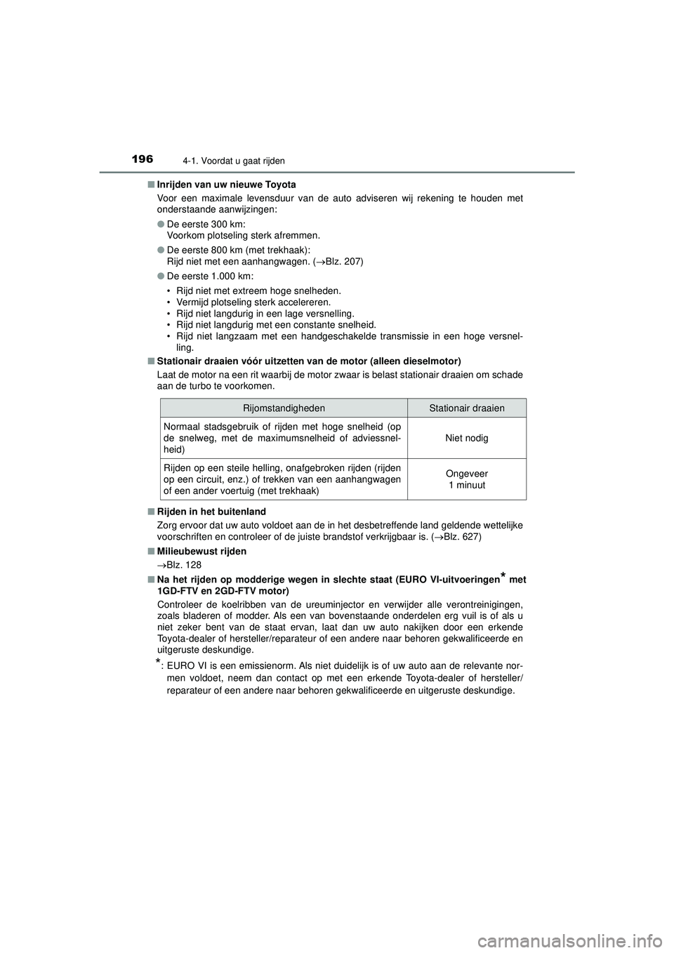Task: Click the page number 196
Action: [x=143, y=159]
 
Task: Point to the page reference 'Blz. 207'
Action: [x=340, y=261]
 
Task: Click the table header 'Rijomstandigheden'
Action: [x=284, y=408]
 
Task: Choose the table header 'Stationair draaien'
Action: [x=467, y=408]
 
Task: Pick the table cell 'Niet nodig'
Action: [x=467, y=438]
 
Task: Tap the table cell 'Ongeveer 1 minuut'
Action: [x=467, y=479]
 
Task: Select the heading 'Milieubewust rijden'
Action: [x=201, y=552]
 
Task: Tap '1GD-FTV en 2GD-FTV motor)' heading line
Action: [x=223, y=592]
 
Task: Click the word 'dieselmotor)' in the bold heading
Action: [x=435, y=361]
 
